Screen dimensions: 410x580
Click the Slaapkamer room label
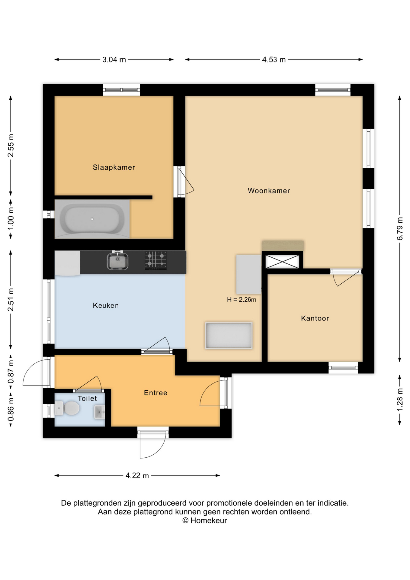(114, 167)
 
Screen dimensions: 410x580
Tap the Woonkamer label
(269, 191)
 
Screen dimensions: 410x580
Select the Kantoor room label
(315, 318)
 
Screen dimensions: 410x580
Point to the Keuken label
(106, 305)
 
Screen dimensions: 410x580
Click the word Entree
(155, 393)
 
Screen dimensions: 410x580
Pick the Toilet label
(87, 398)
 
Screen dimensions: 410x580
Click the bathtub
(92, 219)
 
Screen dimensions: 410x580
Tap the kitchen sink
(117, 261)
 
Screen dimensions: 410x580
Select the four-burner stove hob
(155, 260)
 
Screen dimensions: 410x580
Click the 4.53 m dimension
(274, 60)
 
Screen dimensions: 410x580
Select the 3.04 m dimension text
(114, 60)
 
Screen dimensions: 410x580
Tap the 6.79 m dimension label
(400, 229)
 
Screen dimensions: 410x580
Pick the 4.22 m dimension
(137, 475)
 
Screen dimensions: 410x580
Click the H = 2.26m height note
(242, 300)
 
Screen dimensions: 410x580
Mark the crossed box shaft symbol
(282, 262)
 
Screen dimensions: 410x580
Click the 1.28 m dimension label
(400, 400)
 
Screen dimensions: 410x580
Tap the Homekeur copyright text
(205, 520)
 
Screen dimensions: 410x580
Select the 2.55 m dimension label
(11, 146)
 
